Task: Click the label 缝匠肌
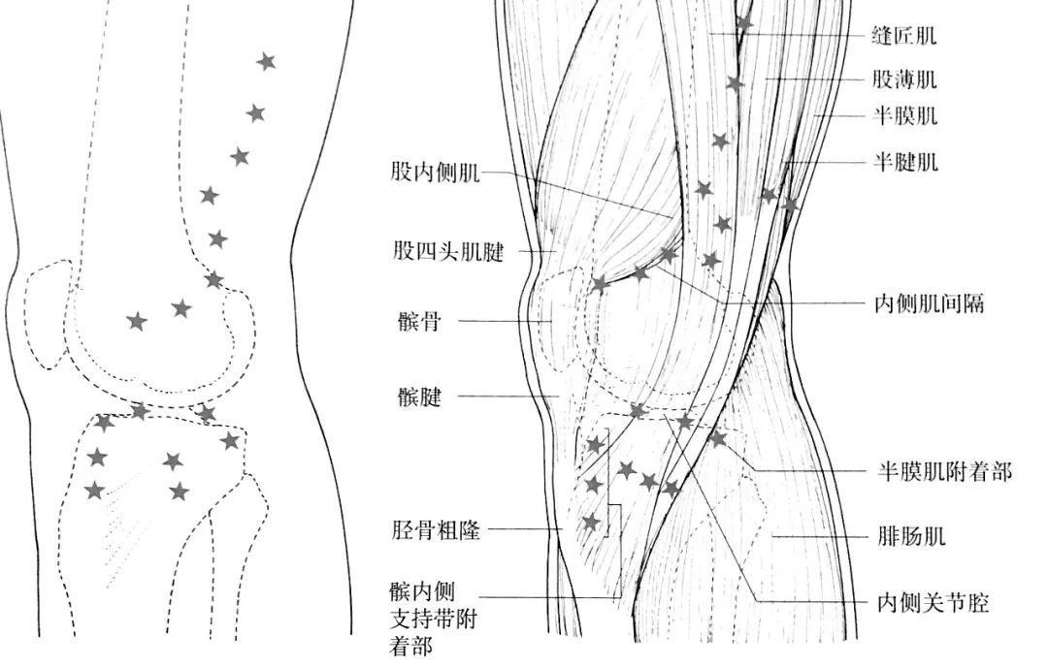[904, 37]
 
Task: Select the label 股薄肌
[904, 79]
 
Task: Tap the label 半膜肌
[904, 117]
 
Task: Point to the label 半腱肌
[904, 161]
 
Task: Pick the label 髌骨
[417, 321]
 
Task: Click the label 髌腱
[417, 397]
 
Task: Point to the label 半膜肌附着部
[942, 472]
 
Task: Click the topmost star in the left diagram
[266, 62]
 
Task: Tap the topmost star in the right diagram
[744, 21]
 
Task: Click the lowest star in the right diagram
[591, 523]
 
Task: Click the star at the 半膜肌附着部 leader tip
[717, 439]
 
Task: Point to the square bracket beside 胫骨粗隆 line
[611, 521]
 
